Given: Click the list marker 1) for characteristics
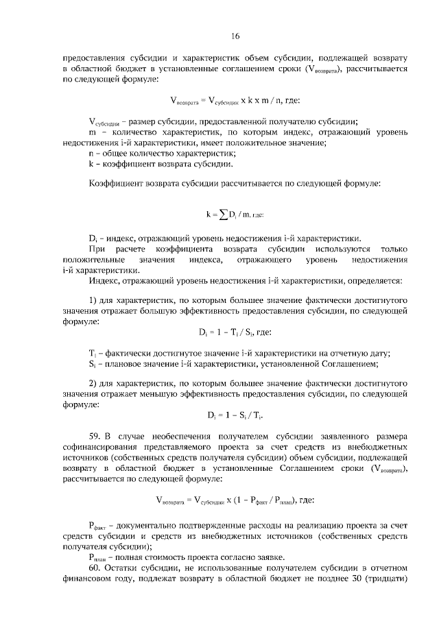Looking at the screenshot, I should pyautogui.click(x=93, y=300).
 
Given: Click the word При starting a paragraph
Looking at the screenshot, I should pyautogui.click(x=98, y=248).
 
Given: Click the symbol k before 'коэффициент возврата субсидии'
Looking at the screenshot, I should pyautogui.click(x=91, y=164).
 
